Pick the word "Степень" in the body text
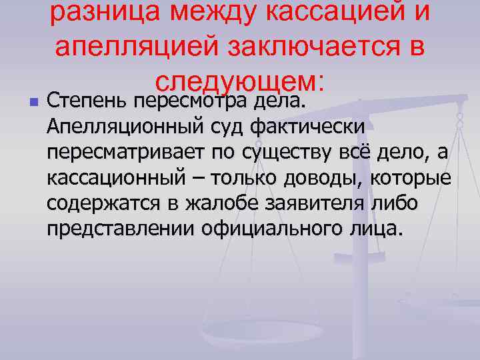tap(87, 103)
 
